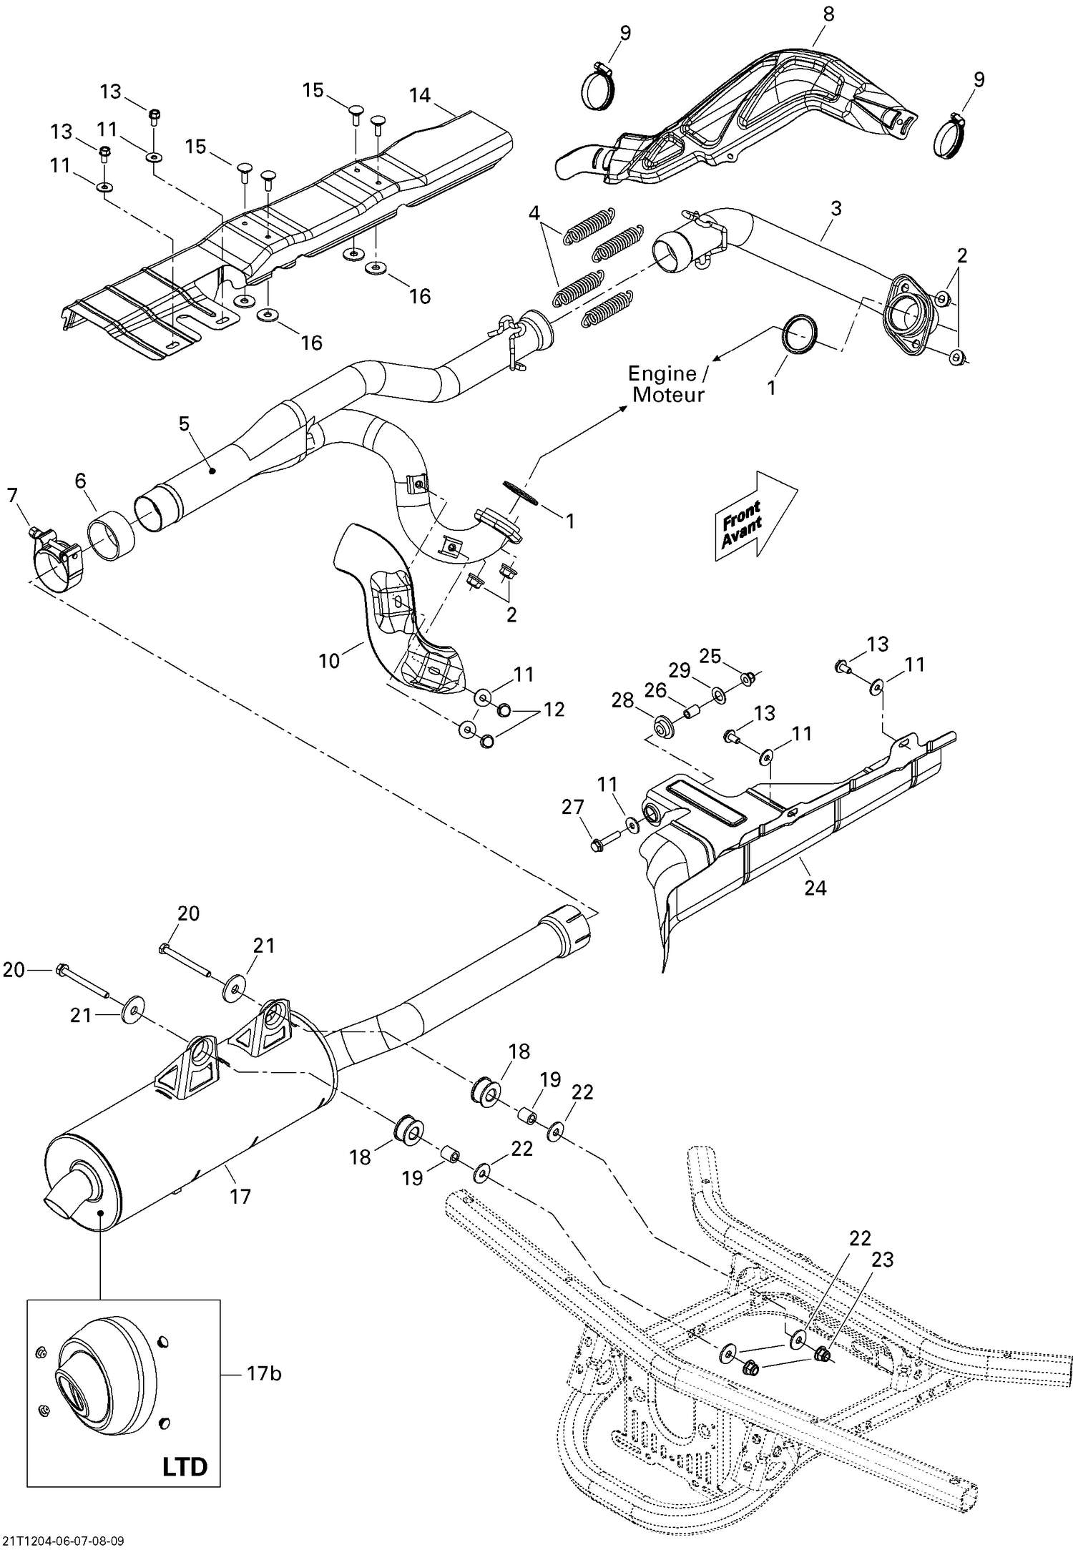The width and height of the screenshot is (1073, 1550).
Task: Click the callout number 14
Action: click(421, 95)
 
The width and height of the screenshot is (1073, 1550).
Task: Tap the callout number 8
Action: click(828, 14)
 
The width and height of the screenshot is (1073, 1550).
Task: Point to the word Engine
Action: click(661, 373)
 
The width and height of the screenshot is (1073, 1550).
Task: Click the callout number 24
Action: click(815, 888)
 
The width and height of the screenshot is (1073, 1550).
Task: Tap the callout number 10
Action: click(329, 660)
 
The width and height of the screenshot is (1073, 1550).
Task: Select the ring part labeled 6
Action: click(112, 537)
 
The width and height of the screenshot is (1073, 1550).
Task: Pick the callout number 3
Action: click(836, 208)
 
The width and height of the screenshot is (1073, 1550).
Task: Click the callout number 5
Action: click(184, 423)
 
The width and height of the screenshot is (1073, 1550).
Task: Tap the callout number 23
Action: click(882, 1260)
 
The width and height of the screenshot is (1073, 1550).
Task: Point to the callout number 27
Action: click(572, 807)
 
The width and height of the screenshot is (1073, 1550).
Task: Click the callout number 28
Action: click(622, 700)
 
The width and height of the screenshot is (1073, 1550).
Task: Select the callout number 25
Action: click(710, 655)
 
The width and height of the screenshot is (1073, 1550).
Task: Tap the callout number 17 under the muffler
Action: click(240, 1195)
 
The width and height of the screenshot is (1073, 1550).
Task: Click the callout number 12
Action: click(554, 709)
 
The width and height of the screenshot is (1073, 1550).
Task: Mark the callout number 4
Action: click(534, 212)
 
